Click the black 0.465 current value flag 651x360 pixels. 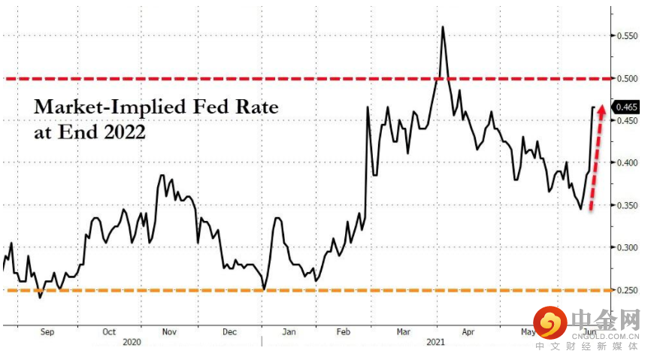coord(627,107)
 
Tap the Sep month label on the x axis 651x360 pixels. coord(47,331)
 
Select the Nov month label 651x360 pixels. coord(169,331)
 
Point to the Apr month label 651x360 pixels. coord(468,331)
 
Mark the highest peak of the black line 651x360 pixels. coord(443,27)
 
